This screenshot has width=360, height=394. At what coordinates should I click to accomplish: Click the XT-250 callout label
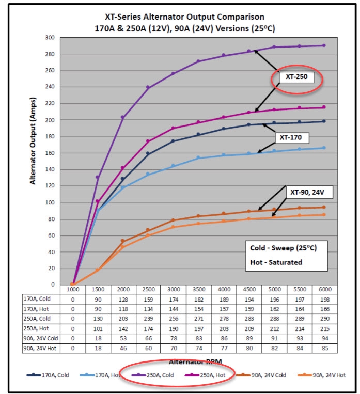297,79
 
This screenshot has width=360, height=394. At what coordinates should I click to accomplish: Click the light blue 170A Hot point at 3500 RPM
198,157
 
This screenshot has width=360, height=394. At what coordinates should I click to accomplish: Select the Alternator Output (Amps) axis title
33,150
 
